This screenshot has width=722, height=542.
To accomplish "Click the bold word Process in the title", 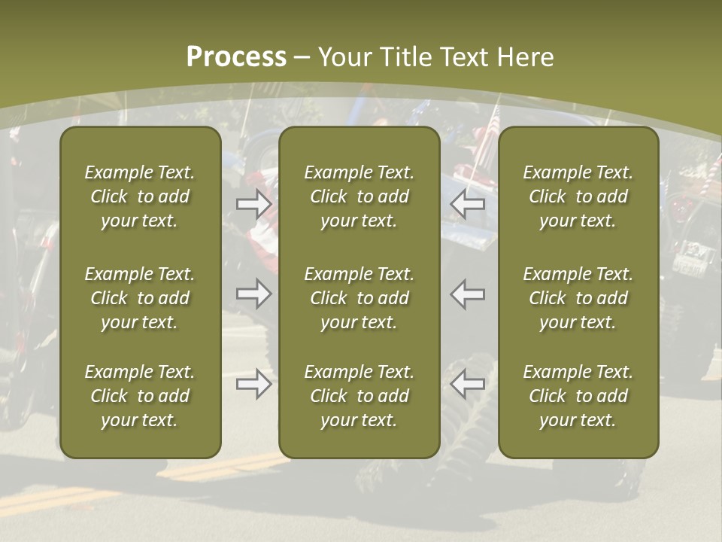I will (236, 57).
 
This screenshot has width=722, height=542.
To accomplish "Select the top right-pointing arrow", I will (253, 202).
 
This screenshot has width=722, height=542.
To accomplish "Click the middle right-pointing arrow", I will (253, 293).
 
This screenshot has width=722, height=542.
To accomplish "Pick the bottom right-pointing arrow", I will (253, 384).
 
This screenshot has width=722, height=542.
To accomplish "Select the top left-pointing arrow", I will (468, 202).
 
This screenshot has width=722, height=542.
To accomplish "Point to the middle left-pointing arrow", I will (468, 293).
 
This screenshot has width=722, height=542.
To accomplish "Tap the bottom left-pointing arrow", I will (468, 384).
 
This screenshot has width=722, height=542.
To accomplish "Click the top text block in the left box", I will (140, 196).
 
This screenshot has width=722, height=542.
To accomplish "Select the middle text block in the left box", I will (140, 298).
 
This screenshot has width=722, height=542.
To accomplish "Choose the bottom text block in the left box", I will (140, 396).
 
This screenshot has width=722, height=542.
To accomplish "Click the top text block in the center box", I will (359, 196).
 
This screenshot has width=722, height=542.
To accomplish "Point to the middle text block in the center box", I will (359, 298).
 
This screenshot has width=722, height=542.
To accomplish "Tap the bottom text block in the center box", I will (359, 396).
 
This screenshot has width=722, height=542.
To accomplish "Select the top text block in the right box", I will (578, 196).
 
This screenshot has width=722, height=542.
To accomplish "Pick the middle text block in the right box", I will (578, 298).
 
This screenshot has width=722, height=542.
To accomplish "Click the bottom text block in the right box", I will (578, 396).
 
